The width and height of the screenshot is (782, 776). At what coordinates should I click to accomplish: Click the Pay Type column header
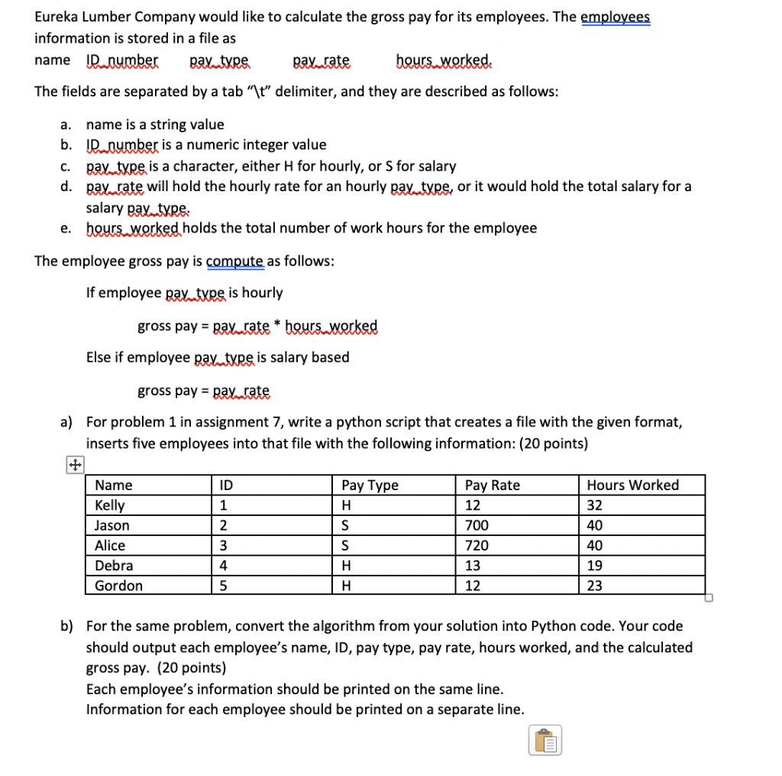coord(370,485)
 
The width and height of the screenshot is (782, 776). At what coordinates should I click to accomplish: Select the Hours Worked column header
coord(632,485)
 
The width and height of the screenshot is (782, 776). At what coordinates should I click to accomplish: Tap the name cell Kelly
coord(110,505)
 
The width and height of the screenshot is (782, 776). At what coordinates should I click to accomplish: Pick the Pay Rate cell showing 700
coord(477,525)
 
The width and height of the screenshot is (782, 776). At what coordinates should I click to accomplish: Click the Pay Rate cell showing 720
coord(477,545)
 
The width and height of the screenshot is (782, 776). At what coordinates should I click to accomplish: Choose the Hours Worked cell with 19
coord(595,566)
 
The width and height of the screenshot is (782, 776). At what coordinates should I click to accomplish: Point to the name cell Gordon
coord(118,586)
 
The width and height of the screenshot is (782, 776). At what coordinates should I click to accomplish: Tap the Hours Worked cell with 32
coord(595,505)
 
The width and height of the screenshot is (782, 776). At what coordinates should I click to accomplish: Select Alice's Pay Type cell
coord(347,545)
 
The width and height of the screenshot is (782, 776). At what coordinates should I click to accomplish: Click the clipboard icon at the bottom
coord(544,740)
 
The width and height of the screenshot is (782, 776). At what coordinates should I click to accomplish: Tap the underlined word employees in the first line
coord(616,17)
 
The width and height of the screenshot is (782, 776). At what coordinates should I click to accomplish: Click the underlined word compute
coord(234,261)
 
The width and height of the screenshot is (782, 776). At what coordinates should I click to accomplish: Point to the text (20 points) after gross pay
coord(196,667)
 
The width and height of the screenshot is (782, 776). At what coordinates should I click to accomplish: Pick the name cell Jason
coord(111,525)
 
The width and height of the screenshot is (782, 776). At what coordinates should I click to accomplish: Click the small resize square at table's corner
coord(708,598)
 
